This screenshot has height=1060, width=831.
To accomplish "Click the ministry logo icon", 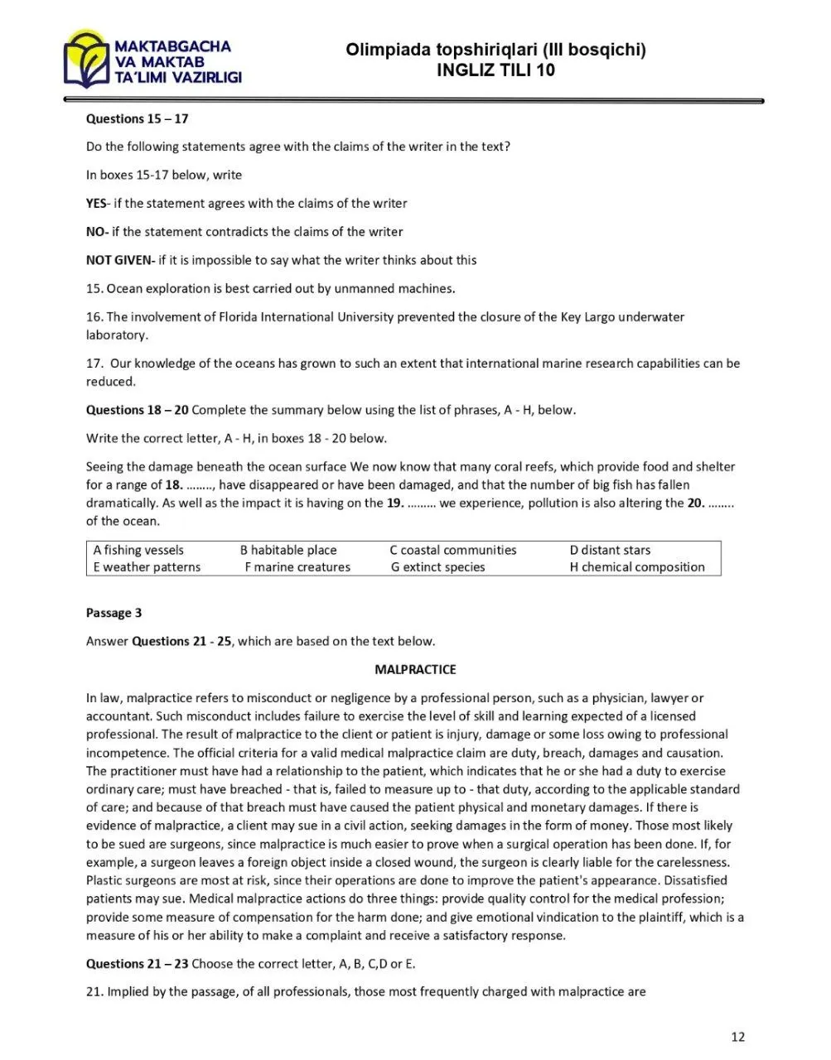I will (x=86, y=60).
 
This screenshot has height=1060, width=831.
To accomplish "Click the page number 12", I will (x=738, y=1037).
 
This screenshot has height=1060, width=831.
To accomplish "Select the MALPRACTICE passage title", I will (x=415, y=669).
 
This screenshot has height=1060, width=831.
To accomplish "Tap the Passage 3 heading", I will (x=114, y=613).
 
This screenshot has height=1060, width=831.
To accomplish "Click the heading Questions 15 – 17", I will (x=137, y=118).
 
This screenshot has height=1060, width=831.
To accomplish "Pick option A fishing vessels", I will (x=138, y=550).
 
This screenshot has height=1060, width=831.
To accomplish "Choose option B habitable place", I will (x=288, y=550).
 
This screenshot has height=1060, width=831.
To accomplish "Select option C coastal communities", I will (x=453, y=550).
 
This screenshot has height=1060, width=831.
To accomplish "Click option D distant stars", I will (x=610, y=550).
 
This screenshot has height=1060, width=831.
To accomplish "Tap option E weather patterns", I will (x=147, y=567).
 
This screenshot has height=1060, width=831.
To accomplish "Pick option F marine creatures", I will (x=297, y=567).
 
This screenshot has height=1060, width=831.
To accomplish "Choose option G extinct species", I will (x=438, y=567).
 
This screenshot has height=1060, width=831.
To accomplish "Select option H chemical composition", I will (x=637, y=567).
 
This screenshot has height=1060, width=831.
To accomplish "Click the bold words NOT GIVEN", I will (x=119, y=260).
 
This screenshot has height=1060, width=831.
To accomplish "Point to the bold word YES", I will (x=96, y=203).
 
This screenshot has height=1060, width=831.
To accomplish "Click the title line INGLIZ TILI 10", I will (x=495, y=70).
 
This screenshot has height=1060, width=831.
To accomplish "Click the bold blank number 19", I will (x=396, y=503).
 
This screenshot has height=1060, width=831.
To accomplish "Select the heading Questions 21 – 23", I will (x=137, y=964).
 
